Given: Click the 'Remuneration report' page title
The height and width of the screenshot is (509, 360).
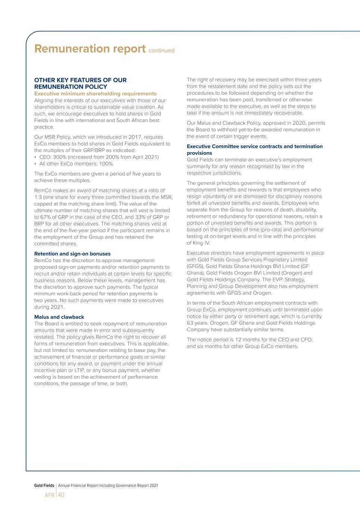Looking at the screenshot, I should (90, 49).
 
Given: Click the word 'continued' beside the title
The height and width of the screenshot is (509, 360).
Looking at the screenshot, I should (162, 51).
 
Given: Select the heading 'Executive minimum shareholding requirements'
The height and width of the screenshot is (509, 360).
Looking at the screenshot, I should (96, 94).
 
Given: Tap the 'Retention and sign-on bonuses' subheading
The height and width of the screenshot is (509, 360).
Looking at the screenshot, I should (72, 254).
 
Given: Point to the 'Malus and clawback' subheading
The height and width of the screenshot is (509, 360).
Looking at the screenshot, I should (59, 317).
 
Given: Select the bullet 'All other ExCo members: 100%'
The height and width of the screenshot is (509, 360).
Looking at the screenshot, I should (76, 164).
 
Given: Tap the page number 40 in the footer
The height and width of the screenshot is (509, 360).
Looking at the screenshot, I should (61, 495).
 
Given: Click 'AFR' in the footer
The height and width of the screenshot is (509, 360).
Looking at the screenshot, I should (49, 495).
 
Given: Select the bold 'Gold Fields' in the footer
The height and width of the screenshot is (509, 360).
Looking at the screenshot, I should (44, 486).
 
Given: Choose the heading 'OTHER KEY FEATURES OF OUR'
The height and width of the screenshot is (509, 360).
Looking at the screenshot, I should (80, 80).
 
